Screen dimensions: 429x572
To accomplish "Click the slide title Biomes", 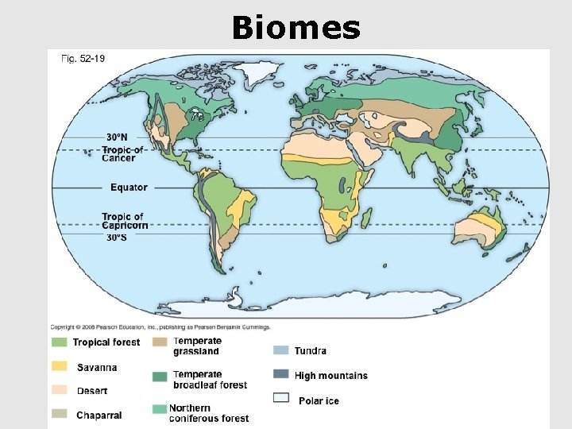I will [296, 28].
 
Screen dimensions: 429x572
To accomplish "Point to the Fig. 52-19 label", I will [83, 58].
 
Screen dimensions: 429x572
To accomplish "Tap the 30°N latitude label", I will [118, 137].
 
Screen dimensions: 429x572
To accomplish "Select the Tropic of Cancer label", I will [123, 153].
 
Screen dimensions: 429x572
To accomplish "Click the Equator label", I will [129, 187].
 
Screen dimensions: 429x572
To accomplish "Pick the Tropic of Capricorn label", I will [123, 221].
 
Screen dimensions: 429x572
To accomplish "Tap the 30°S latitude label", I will [117, 237].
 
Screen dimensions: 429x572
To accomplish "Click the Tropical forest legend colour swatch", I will [59, 342].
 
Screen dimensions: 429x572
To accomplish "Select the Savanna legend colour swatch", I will [59, 367].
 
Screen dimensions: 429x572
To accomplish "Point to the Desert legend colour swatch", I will [59, 391].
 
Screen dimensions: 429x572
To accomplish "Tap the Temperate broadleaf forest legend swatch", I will [159, 376].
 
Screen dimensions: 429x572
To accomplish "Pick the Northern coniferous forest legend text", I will [209, 413].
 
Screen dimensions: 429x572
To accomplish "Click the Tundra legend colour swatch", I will [280, 350].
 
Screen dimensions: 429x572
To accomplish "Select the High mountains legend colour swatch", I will [280, 374].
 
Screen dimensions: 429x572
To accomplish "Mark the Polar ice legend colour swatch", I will [280, 399].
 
